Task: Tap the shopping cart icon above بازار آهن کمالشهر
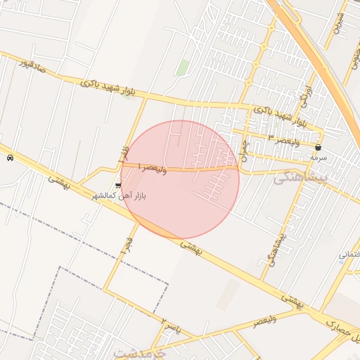coord(117,186)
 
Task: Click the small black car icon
coord(10,158)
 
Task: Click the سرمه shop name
coord(319,159)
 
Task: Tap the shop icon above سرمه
coord(319,148)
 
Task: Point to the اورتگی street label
coord(304,91)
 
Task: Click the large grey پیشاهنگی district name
coord(298,179)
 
